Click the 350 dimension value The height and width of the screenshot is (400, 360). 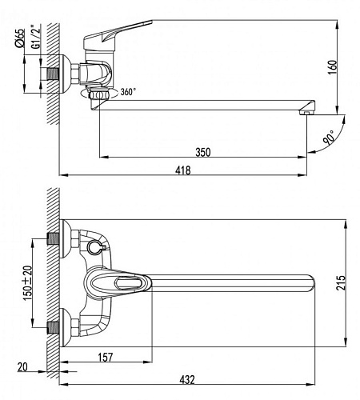203,152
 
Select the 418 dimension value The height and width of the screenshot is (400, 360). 183,170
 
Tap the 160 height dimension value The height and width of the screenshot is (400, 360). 333,67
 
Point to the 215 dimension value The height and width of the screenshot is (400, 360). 341,282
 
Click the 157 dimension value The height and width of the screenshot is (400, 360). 106,358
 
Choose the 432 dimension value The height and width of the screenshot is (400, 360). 187,380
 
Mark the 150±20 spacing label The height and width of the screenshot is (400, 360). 27,283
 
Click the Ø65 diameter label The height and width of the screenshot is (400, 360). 19,38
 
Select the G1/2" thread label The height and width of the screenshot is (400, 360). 36,37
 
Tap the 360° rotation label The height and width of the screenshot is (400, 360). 128,92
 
